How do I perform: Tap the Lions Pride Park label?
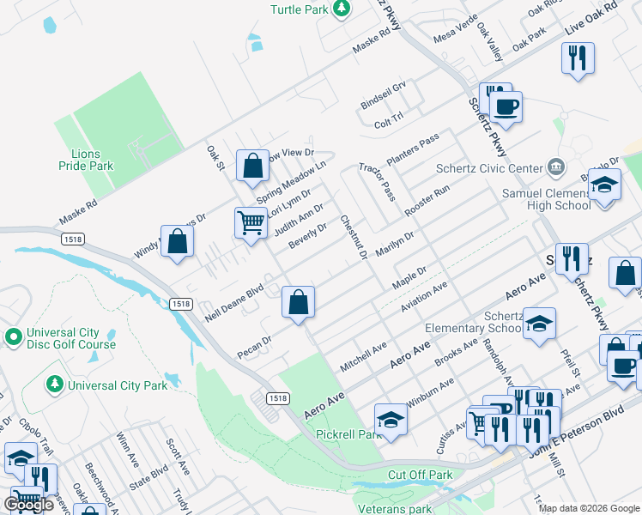pos(87,160)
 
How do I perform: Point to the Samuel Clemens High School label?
pos(547,200)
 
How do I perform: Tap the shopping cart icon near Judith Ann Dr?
pos(251,222)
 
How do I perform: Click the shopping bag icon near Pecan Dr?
pos(299,302)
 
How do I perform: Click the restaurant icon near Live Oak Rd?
pos(578,58)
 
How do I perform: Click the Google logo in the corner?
pos(28,505)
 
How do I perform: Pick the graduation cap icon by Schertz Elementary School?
pos(540,324)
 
